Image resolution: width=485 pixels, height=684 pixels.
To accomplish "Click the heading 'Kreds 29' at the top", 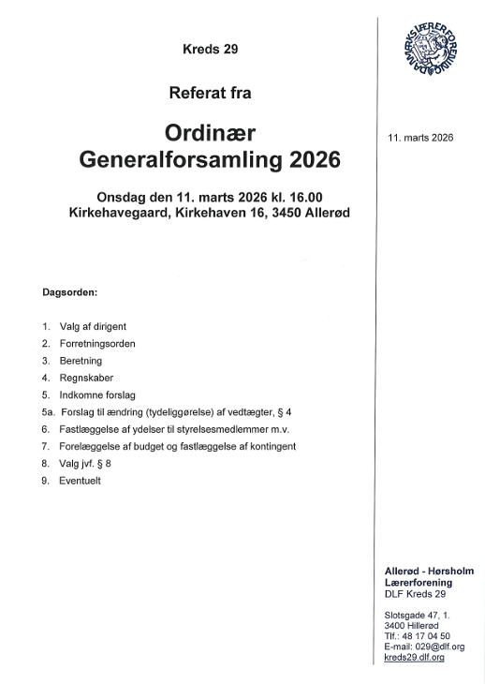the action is click(x=211, y=50).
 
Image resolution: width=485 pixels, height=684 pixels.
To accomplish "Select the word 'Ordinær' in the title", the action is click(x=210, y=131).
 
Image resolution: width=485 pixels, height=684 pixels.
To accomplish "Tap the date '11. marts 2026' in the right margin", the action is click(x=420, y=138).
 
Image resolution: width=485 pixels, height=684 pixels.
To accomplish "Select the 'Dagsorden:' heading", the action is click(x=77, y=291).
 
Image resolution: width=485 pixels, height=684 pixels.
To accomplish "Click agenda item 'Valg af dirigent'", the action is click(x=93, y=326).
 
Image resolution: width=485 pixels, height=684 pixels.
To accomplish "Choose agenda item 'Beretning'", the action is click(x=81, y=361).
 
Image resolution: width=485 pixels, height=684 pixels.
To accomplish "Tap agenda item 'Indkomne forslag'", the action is click(x=97, y=394).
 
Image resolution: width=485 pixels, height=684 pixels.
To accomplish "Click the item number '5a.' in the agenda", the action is click(x=50, y=412).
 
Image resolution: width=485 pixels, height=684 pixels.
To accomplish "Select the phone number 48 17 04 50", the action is click(x=432, y=635).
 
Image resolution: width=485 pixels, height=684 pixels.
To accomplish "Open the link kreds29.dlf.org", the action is click(x=414, y=658).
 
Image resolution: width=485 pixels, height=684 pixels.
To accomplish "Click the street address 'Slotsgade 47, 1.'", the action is click(x=418, y=614).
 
